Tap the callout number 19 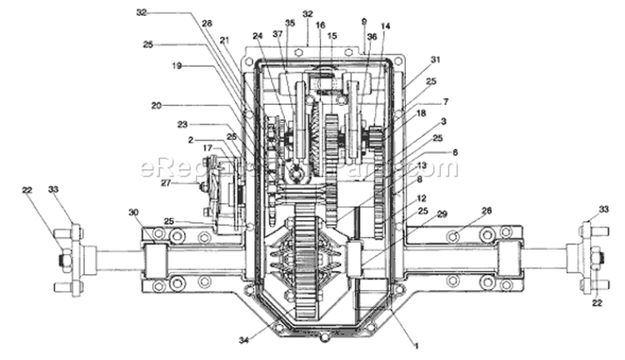(177, 64)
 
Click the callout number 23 (182, 125)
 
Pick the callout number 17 (207, 148)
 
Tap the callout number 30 (132, 212)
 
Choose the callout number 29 (442, 215)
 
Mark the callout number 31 (435, 59)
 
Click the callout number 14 (384, 27)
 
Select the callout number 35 (290, 23)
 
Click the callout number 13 (422, 166)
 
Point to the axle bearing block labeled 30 (158, 257)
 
